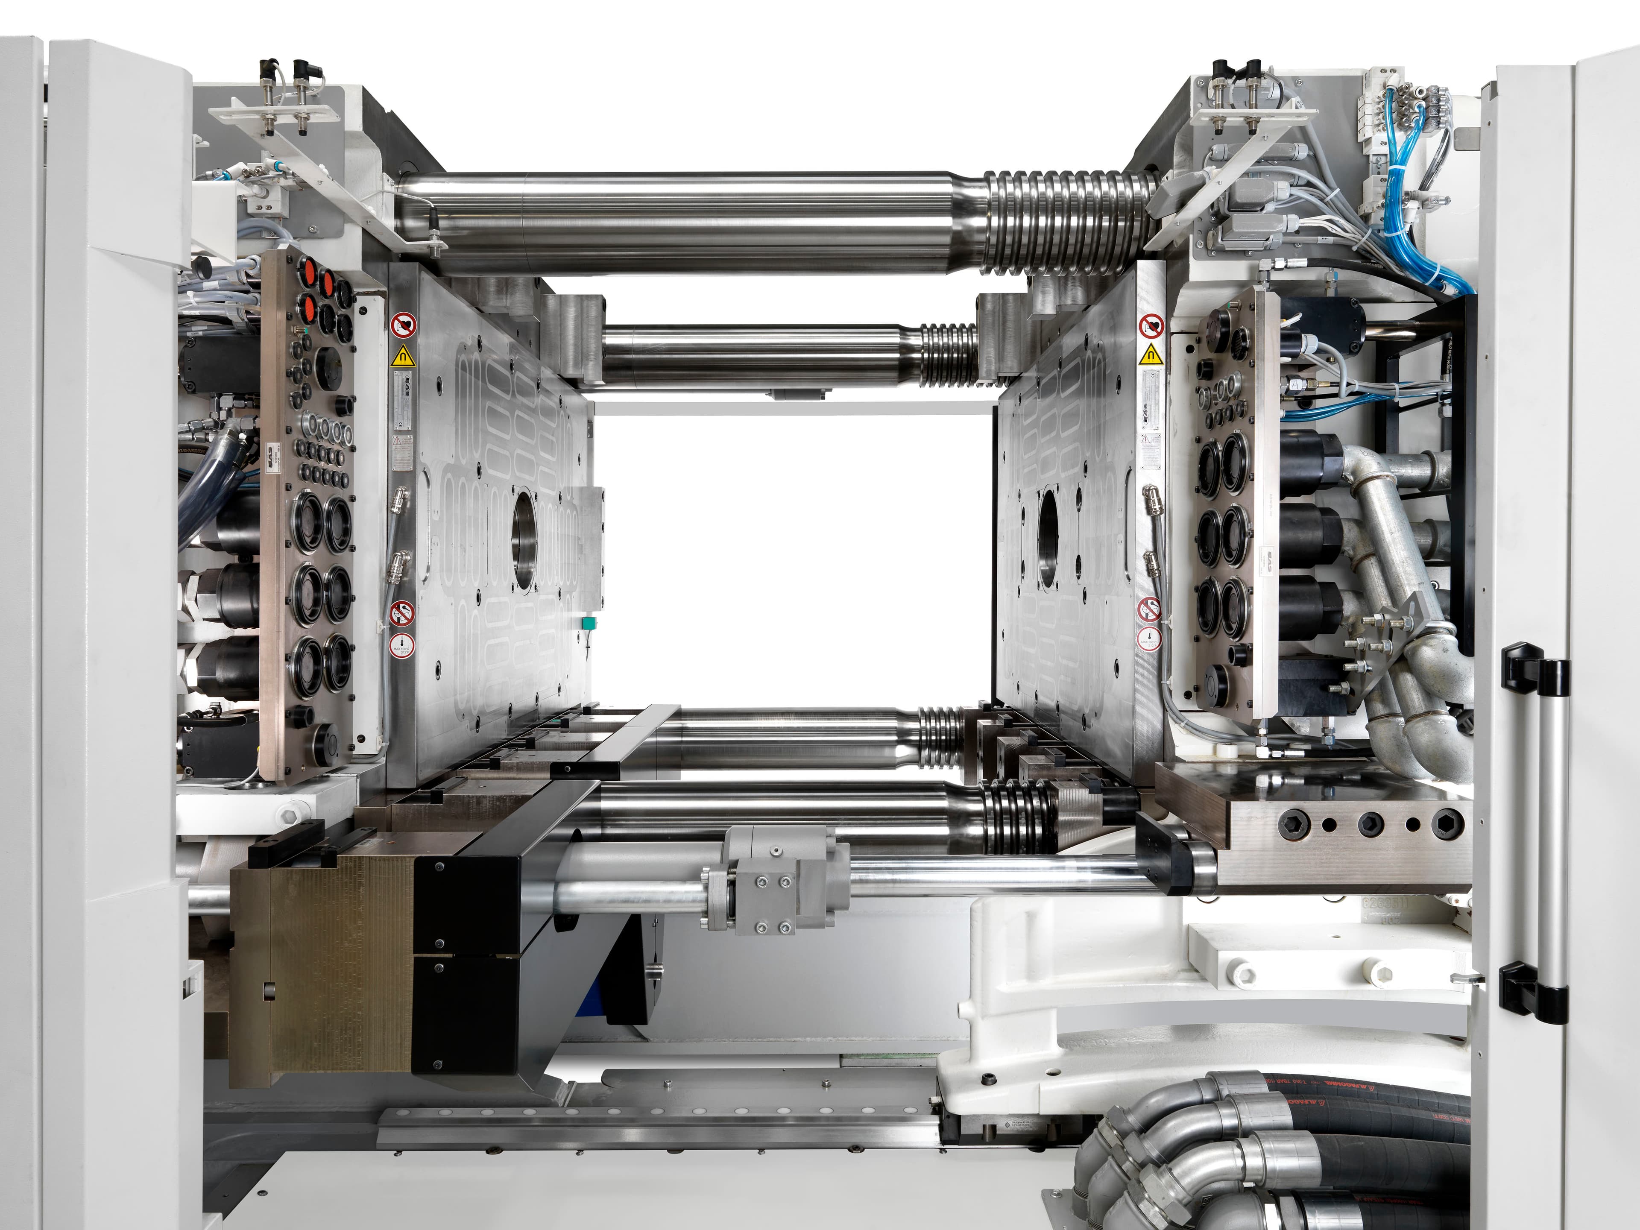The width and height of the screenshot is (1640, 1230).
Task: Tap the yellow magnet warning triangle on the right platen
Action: click(x=1151, y=354)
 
